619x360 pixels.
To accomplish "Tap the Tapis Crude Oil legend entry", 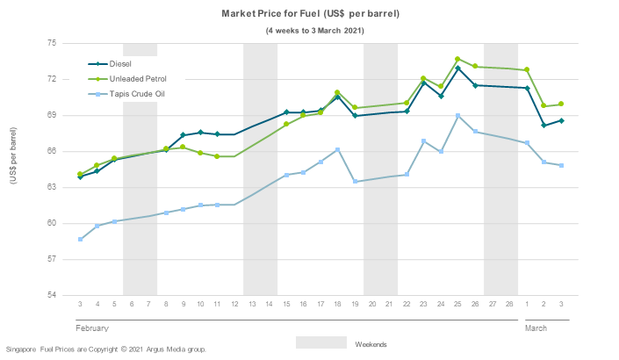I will (x=137, y=93).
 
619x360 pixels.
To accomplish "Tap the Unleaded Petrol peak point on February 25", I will (x=457, y=59).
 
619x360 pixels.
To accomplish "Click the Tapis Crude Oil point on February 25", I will (x=457, y=115).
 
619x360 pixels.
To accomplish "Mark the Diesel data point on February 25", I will (x=457, y=68).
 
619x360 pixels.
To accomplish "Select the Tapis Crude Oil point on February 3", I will (x=80, y=239).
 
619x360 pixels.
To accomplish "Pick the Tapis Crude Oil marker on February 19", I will (x=355, y=182).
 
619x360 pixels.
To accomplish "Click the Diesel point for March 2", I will (x=543, y=126).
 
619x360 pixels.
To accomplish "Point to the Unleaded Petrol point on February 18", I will (x=337, y=92).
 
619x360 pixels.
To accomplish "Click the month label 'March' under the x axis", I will (x=536, y=328).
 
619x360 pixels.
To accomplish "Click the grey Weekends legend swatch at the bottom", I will (x=320, y=342).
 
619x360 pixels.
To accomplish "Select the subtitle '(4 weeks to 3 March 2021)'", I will (x=314, y=30).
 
